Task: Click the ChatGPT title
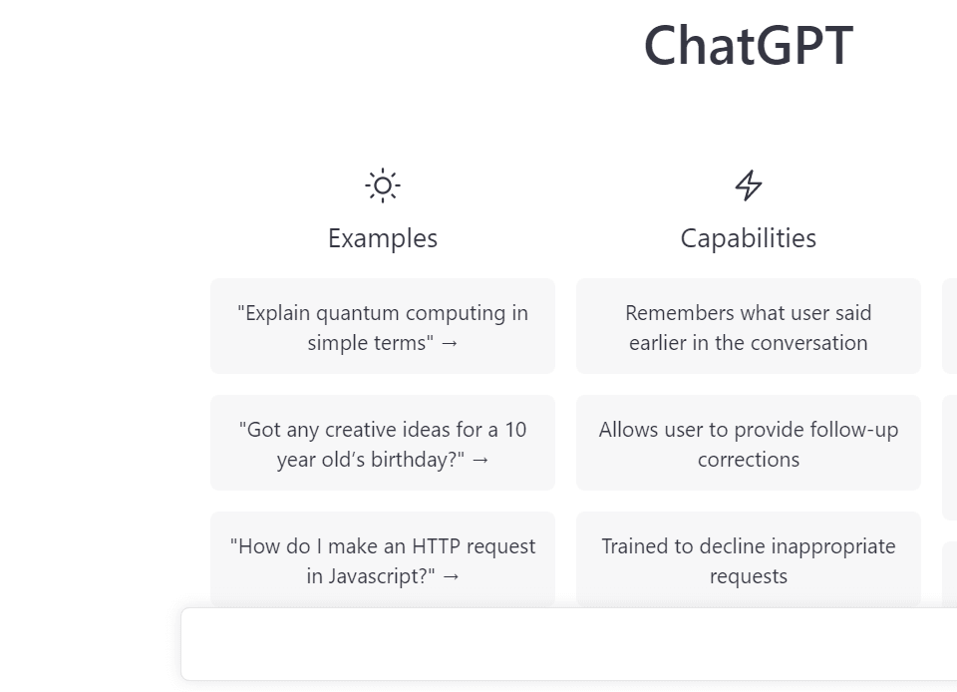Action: click(749, 45)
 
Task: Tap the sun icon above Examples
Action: click(383, 184)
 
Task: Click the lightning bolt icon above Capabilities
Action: click(749, 185)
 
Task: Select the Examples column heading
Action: click(383, 238)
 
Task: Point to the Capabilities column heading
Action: click(749, 238)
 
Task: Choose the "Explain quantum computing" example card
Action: click(383, 326)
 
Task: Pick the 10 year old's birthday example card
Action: click(383, 443)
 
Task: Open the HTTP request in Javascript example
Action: click(383, 559)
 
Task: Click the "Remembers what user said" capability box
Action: click(749, 326)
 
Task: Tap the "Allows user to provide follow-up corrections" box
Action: click(749, 443)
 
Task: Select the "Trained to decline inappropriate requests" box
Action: click(749, 559)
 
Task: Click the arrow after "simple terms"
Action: click(450, 344)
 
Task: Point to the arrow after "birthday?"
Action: click(480, 460)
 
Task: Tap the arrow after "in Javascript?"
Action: click(451, 576)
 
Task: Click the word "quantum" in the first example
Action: click(358, 314)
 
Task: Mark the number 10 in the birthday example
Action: click(515, 430)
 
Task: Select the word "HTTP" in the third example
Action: click(436, 546)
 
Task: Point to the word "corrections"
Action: click(749, 460)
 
